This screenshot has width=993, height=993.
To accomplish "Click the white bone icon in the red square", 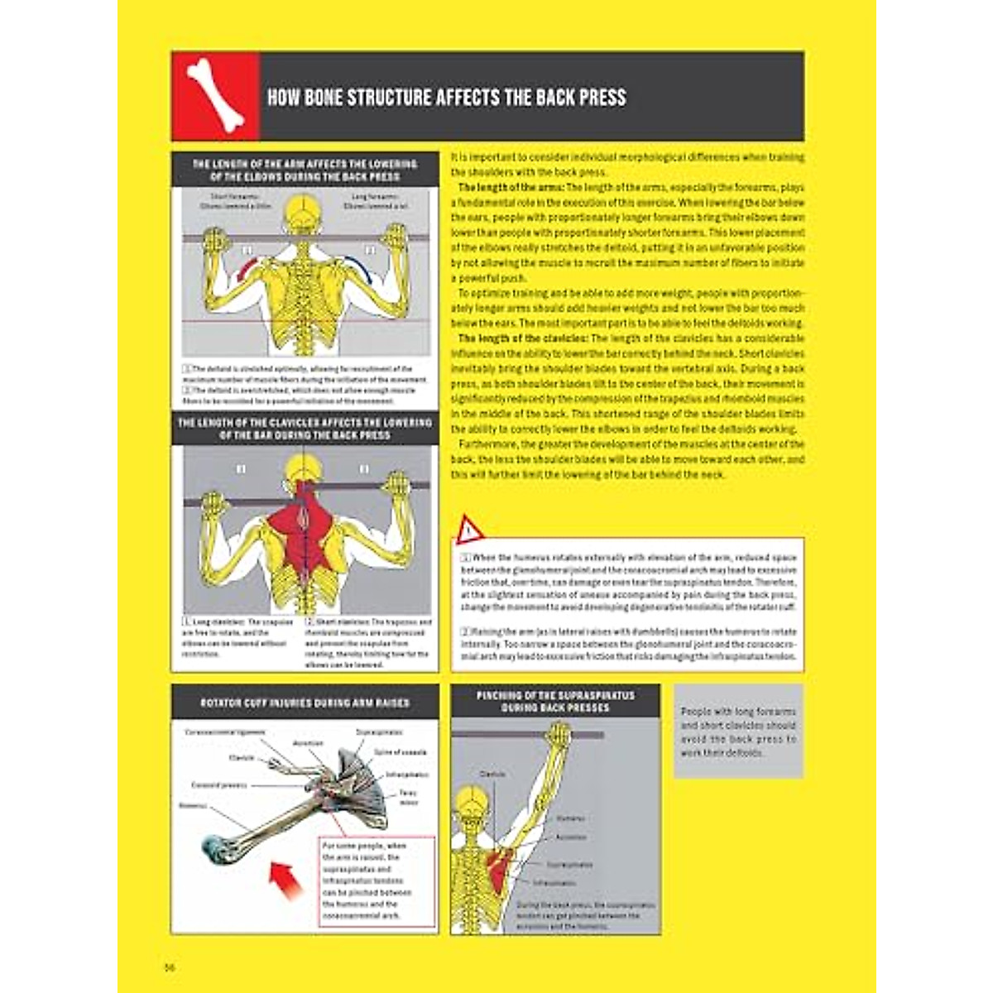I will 215,95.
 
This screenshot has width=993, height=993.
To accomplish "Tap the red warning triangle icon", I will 468,529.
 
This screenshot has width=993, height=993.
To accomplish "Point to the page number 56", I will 170,967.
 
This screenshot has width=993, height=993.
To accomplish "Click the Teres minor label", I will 408,798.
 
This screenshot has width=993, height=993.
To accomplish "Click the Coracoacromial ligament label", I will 224,732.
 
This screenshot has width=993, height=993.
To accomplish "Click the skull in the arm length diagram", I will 304,213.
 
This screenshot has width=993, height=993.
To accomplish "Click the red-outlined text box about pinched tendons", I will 377,880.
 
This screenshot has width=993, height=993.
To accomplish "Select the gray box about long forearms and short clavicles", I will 738,732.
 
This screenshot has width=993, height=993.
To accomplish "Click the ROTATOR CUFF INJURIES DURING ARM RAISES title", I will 305,703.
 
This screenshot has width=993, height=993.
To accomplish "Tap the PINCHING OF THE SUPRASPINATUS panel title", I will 555,702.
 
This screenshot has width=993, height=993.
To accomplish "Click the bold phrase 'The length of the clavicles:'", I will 523,338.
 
